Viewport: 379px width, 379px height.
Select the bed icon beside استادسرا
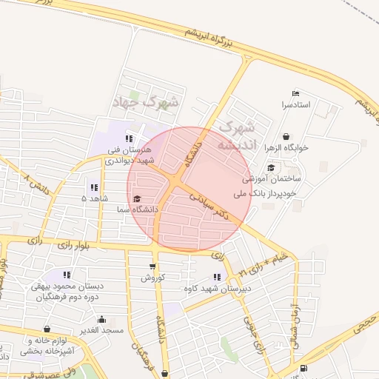[x=296, y=94]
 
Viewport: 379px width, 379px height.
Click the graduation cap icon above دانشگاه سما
[x=137, y=198]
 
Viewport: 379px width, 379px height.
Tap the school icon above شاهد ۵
[x=93, y=187]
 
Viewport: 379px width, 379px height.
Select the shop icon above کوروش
[x=152, y=266]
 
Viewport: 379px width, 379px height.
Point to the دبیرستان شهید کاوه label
[x=249, y=288]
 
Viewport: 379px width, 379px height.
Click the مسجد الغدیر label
[x=102, y=329]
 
